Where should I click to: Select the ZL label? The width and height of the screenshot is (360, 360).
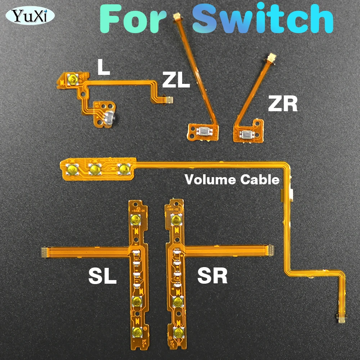[176, 80]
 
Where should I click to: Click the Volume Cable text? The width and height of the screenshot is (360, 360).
[232, 179]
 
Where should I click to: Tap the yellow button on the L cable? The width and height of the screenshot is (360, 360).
[72, 79]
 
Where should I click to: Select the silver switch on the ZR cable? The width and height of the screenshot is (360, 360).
[247, 135]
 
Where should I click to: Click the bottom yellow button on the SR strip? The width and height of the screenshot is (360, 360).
[176, 332]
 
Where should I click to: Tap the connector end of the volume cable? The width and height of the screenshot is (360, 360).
[339, 317]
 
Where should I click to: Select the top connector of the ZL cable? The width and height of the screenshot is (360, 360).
[176, 17]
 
